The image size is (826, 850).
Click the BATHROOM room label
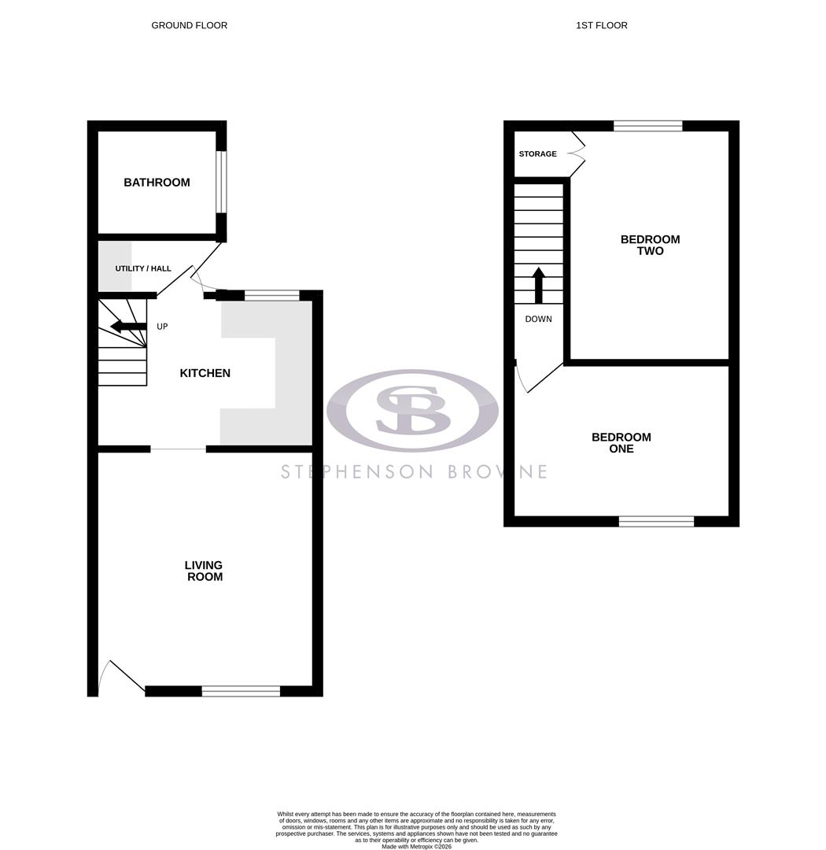coord(157,183)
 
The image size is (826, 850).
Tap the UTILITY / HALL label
coord(143,268)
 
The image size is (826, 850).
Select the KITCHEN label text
coord(205,373)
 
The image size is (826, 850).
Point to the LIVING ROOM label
coord(204,571)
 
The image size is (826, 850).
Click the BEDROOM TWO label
coord(650,245)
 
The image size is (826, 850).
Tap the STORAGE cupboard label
coord(537,153)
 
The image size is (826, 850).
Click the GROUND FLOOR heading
coord(189,25)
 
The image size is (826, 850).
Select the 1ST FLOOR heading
coord(601,25)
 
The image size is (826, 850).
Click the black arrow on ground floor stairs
coord(127,326)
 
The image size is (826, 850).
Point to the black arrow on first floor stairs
coord(539,285)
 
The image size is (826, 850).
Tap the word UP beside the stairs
coord(162,327)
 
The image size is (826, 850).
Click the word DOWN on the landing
coord(538,319)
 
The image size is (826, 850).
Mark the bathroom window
coord(221,182)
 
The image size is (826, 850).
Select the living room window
coord(241,691)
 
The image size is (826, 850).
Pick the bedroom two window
coord(647,126)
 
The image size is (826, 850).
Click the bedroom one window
coord(656,521)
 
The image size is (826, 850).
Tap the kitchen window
coord(271,296)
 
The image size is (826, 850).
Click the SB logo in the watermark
coord(412,410)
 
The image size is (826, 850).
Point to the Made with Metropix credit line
coord(416,846)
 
